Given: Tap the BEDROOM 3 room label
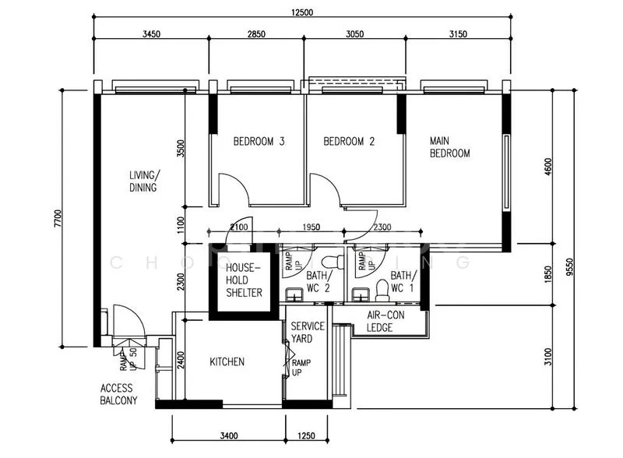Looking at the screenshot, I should click(259, 142).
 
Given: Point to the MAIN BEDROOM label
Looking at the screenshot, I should click(450, 147).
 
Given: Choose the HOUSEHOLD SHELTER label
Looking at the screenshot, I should click(244, 280).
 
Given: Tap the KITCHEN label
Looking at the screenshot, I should click(227, 362).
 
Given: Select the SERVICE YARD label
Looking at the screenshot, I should click(308, 332).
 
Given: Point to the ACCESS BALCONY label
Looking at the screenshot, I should click(118, 394).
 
